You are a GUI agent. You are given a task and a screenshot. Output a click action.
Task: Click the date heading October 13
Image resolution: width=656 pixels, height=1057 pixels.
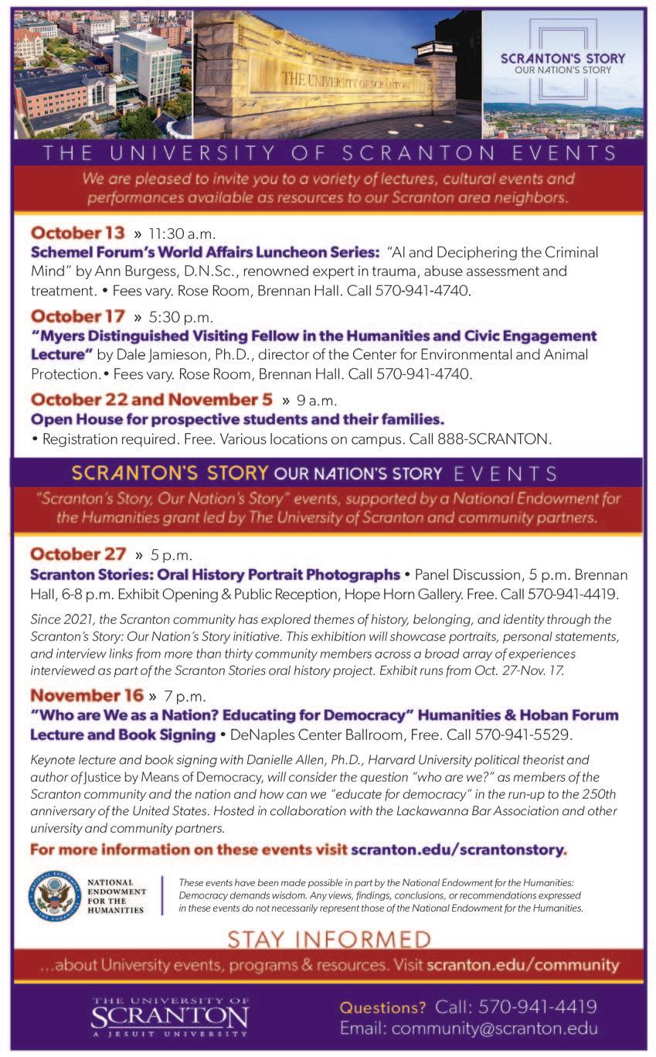coord(78,233)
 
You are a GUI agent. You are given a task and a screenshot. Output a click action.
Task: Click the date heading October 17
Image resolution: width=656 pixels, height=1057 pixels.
coord(78,316)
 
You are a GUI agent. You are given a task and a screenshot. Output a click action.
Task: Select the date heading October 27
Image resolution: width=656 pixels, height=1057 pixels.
coord(78,554)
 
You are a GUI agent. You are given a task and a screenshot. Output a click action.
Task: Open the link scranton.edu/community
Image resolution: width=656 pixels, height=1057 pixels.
coord(522,964)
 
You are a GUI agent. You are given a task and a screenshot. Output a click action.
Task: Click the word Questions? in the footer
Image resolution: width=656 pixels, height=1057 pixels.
coord(382,1007)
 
